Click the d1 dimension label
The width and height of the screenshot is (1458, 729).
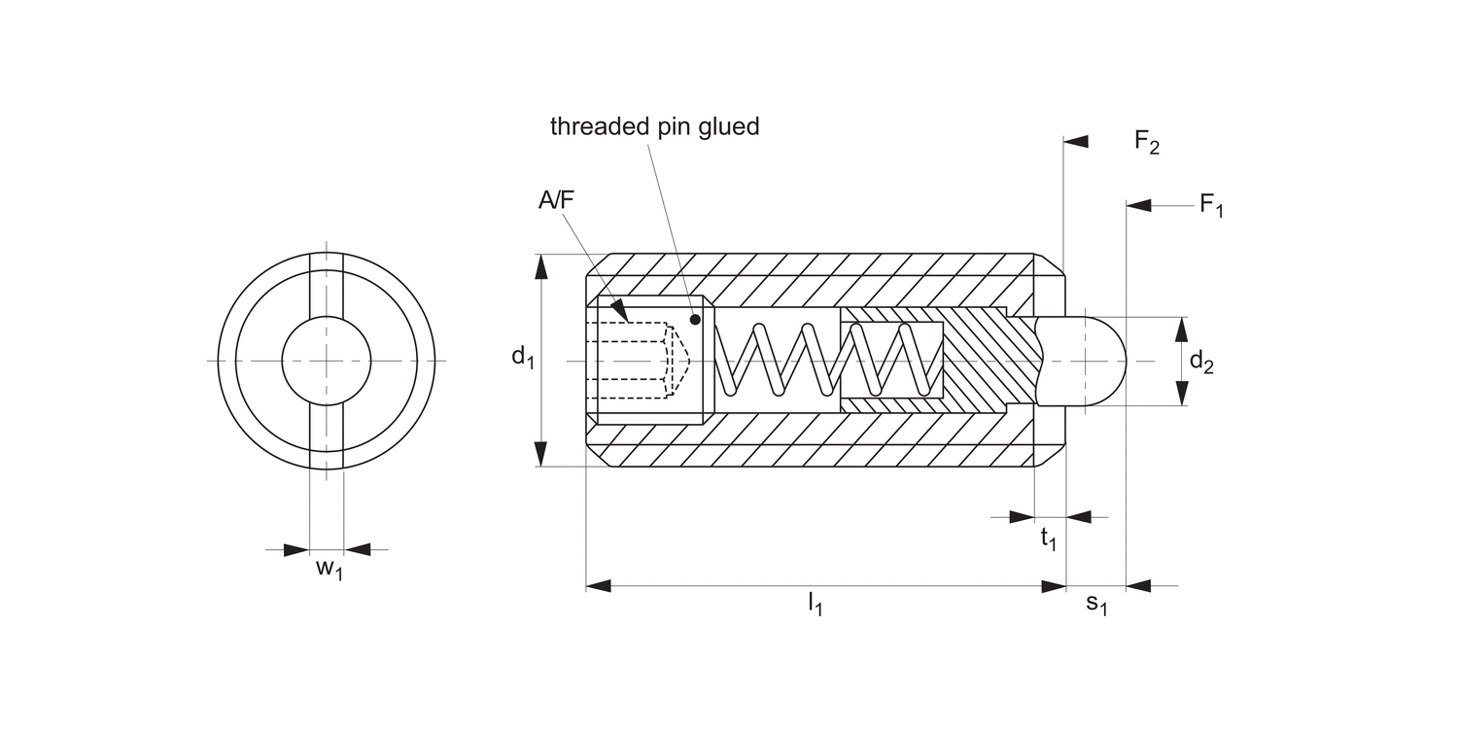coord(523,358)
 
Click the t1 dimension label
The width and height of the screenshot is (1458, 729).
coord(1049,539)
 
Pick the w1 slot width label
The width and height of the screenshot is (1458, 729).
coord(330,569)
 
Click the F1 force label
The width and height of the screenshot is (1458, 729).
coord(1211,206)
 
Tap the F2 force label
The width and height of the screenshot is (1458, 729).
coord(1147,144)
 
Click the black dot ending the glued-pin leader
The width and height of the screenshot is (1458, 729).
coord(696,319)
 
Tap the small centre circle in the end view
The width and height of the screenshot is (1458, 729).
coord(327,361)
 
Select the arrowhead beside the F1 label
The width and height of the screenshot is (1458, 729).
coord(1138,206)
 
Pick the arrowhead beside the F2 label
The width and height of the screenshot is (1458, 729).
coord(1076,143)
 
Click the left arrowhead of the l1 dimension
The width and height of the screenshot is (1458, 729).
coord(598,586)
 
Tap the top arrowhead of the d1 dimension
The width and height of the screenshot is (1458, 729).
coord(540,266)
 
